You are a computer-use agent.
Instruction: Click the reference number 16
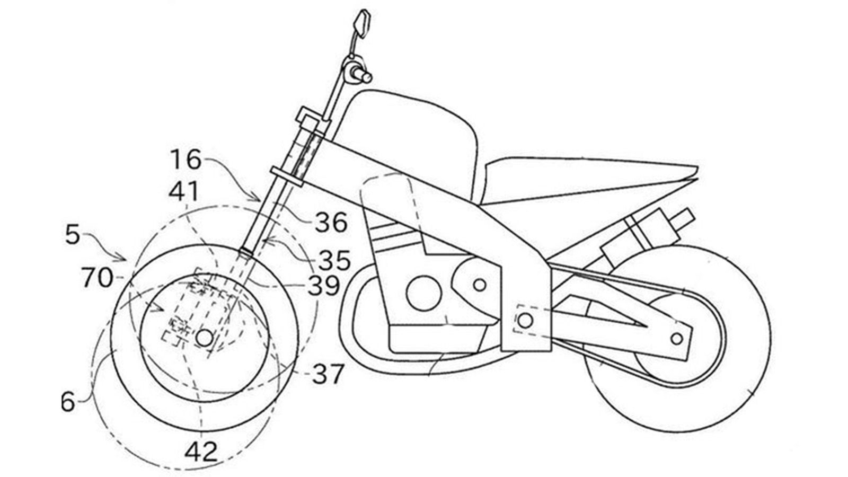pos(186,159)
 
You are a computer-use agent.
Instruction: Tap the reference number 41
pos(183,191)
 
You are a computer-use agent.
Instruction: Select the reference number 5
pos(73,235)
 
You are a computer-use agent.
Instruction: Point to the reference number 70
pos(97,278)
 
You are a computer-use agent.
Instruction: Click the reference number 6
pos(68,402)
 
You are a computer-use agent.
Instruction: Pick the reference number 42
pos(201,452)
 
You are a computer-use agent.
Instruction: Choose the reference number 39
pos(323,286)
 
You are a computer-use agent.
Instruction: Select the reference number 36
pos(331,223)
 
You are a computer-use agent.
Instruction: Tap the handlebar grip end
pos(366,77)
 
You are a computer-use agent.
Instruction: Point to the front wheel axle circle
pos(204,338)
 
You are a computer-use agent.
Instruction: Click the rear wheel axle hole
pos(676,338)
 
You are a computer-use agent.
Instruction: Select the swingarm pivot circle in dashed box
pos(525,320)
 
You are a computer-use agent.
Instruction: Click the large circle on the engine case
pos(423,293)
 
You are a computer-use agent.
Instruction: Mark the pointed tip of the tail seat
pos(696,171)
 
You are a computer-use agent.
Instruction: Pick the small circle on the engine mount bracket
pos(480,285)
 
